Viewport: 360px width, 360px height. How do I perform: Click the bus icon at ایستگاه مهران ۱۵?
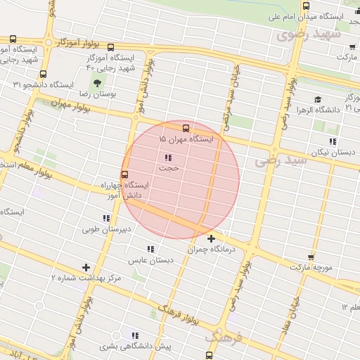[x=186, y=128]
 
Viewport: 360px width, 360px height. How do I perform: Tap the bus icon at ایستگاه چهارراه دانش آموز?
[x=124, y=174]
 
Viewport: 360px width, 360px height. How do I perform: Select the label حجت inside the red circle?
[x=169, y=168]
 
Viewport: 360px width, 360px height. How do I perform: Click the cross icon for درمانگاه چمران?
[x=211, y=238]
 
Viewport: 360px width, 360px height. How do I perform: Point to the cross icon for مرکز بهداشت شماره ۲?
[x=86, y=267]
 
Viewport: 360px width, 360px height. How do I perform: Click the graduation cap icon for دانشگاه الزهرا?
[x=318, y=100]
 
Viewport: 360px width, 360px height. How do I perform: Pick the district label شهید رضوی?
[x=309, y=34]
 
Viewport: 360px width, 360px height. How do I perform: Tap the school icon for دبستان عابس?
[x=150, y=248]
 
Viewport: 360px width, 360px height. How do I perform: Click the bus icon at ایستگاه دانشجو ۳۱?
[x=44, y=74]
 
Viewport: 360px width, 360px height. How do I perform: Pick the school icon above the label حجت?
[x=168, y=157]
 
